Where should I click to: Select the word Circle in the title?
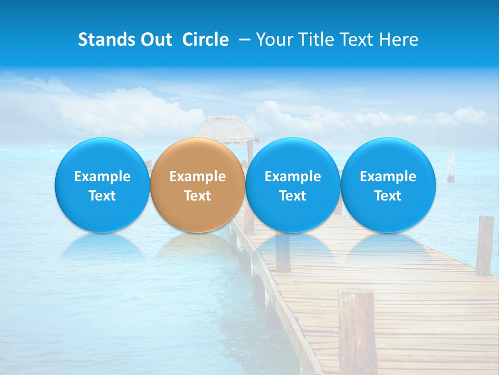[x=205, y=40]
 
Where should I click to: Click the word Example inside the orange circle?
[x=198, y=177]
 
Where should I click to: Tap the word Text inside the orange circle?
[x=198, y=196]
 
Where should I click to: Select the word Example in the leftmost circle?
[x=102, y=177]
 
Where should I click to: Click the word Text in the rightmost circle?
[x=388, y=196]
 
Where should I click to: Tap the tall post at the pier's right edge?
[x=484, y=245]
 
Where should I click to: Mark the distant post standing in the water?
[x=451, y=168]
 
